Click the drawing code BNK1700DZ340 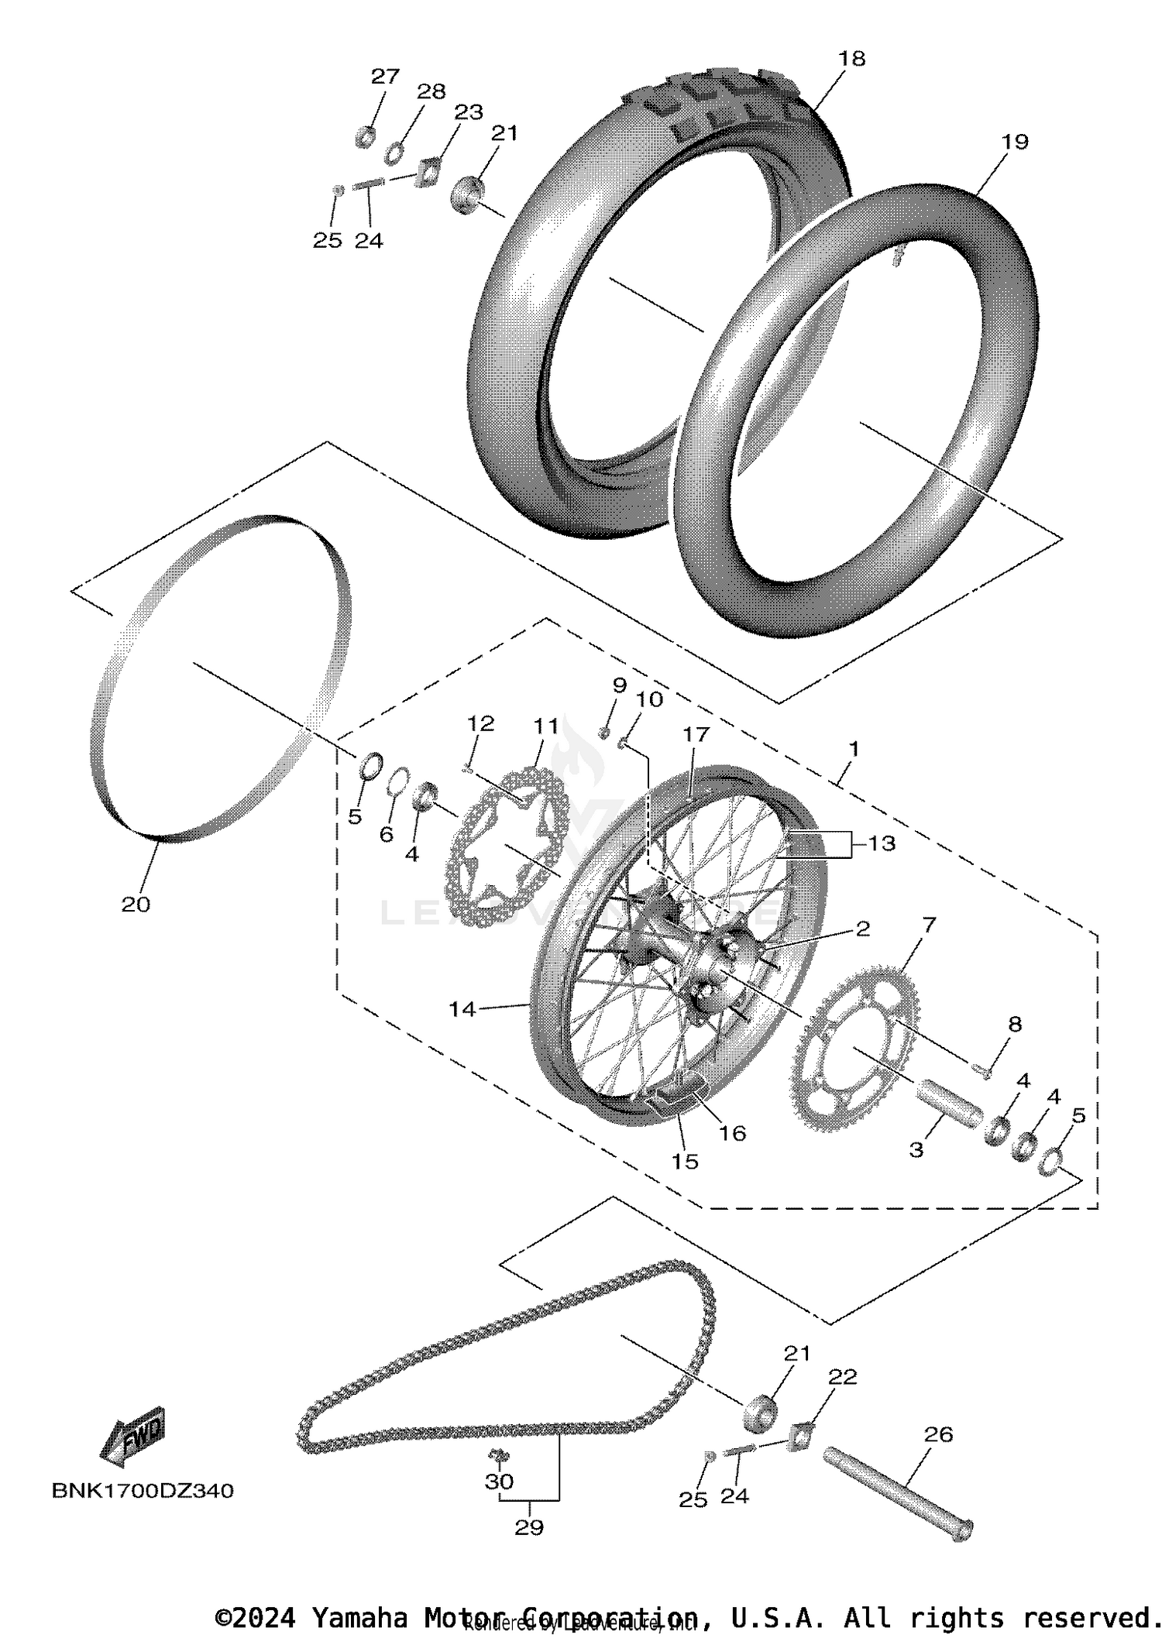(143, 1491)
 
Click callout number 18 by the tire (851, 59)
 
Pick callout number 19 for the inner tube (1014, 142)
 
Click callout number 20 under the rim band (136, 904)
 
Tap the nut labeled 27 (365, 138)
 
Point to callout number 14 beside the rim (462, 1009)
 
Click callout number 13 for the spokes (882, 843)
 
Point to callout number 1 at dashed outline (853, 749)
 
